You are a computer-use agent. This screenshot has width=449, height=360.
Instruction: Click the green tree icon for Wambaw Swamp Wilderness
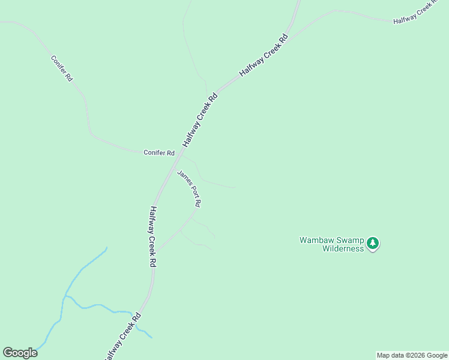tap(373, 243)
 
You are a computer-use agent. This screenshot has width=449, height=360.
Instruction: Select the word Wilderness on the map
tap(343, 248)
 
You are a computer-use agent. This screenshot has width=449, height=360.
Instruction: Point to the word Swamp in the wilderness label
tap(347, 240)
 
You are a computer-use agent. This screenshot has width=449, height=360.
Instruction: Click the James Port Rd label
tap(189, 188)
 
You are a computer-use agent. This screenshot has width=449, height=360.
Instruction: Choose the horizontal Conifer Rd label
tap(158, 153)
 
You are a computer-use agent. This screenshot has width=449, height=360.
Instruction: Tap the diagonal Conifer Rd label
tap(62, 68)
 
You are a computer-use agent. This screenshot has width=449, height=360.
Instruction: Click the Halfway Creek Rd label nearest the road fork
tap(264, 55)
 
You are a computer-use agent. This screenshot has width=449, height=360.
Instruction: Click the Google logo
tap(20, 353)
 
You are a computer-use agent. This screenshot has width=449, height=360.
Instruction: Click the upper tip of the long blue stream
tap(106, 247)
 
